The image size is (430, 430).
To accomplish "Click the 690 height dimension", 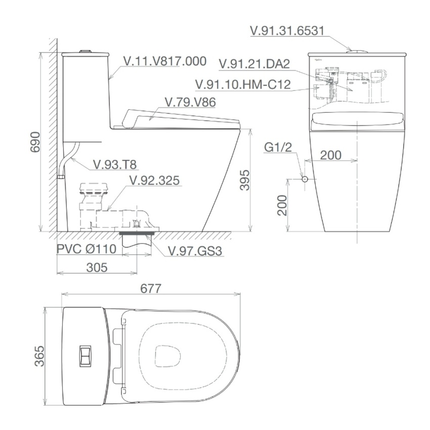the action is coord(35,142).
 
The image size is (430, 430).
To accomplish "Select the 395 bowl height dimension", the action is coord(245,180).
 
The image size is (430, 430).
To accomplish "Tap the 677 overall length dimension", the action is coord(151,288).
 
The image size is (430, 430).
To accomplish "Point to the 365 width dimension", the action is coord(39,356).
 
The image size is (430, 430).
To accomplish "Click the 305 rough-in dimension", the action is coord(97,268).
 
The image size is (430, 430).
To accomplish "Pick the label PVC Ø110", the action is coord(87,249).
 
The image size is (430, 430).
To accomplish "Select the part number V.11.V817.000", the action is coord(165,61).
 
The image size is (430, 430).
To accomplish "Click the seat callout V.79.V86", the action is coord(190,102).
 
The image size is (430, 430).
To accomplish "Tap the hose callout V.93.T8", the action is coord(115,164).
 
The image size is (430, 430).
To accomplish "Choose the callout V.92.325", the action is coord(154,180).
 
